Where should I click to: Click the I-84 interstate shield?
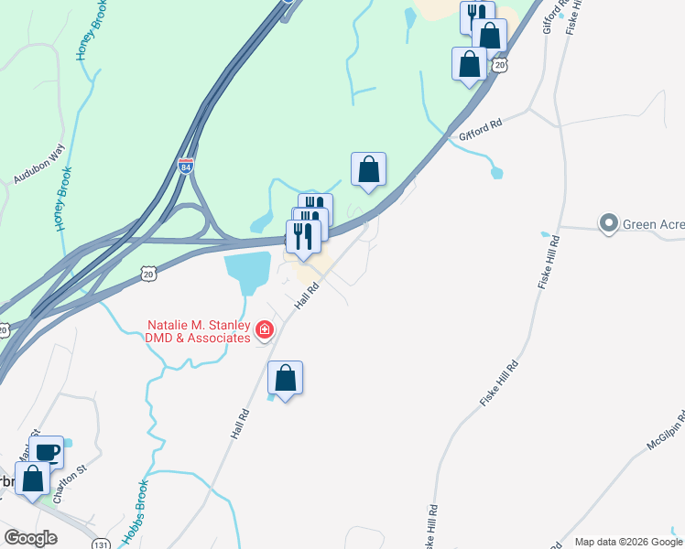187,167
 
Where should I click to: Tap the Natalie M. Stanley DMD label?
198,331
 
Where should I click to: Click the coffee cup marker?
47,452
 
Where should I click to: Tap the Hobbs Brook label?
134,512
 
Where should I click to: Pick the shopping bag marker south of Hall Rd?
286,377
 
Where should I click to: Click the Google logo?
31,537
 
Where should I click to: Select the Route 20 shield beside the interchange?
149,273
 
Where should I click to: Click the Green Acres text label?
653,223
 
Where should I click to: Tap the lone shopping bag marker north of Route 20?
368,169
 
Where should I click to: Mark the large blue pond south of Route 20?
248,270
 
